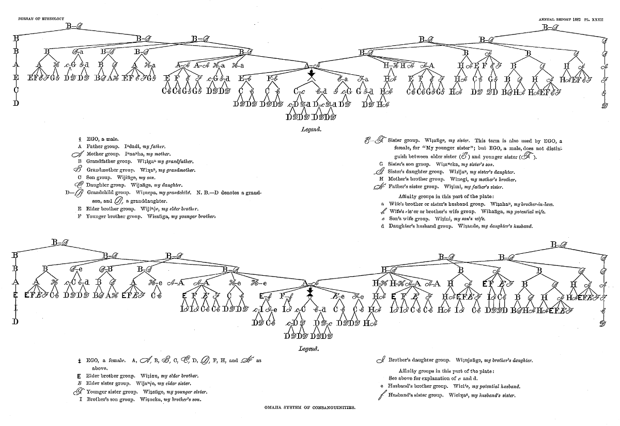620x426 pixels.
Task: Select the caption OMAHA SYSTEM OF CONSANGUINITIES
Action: [309, 407]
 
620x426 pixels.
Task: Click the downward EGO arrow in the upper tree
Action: [311, 75]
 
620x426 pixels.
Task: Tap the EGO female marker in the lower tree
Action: [309, 294]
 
